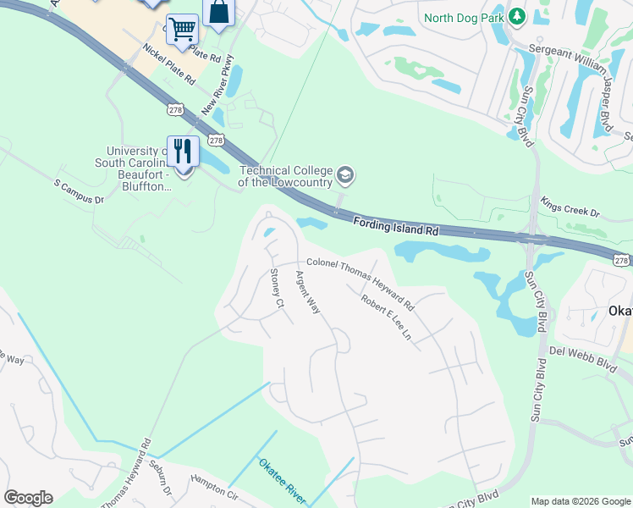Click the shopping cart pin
(182, 30)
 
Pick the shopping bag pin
(218, 13)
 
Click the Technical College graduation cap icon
(345, 176)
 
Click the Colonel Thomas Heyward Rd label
(360, 283)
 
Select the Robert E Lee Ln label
(386, 317)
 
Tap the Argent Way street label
(307, 292)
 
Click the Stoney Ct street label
(275, 285)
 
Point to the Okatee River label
(282, 479)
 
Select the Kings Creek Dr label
(570, 207)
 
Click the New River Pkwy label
(217, 86)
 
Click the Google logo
(28, 498)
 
